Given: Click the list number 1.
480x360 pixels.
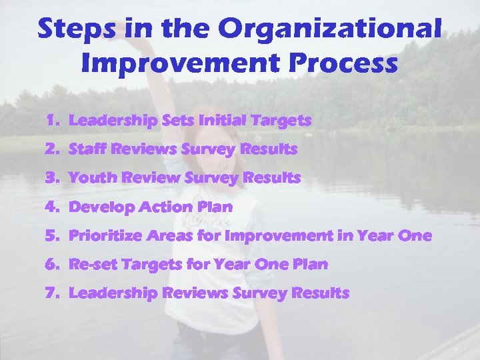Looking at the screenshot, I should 53,121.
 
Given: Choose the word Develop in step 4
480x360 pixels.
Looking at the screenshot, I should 101,207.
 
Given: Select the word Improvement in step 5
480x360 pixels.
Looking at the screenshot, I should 279,236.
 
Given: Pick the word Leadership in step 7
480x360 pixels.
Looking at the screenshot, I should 113,293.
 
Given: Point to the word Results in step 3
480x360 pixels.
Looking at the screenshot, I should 271,179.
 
